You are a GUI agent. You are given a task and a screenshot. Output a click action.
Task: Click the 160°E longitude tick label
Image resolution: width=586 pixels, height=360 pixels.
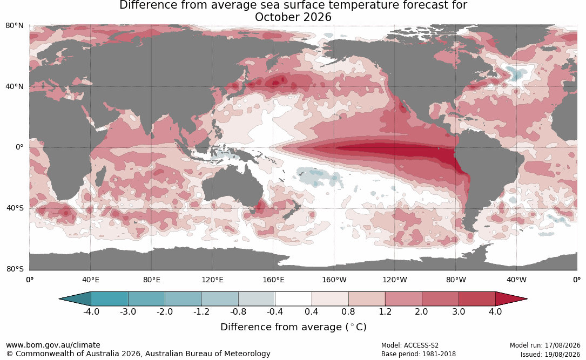coord(274,280)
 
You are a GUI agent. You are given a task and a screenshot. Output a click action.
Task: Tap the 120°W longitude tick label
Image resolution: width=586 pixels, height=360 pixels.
coord(395,280)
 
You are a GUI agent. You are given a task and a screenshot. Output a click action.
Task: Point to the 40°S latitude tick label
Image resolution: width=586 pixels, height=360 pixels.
coord(15,208)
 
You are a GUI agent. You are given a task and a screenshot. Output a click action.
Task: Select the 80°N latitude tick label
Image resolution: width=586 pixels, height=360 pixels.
coord(15,26)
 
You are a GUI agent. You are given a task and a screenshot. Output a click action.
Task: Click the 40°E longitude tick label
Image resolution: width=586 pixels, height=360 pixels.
coord(91,280)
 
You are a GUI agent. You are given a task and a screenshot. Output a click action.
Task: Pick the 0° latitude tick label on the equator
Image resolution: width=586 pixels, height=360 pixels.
coord(19,147)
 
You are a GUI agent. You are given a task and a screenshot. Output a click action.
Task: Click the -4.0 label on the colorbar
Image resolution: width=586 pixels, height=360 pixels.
coord(91,311)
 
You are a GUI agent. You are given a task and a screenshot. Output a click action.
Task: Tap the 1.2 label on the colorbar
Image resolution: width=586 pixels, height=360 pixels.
coord(385,311)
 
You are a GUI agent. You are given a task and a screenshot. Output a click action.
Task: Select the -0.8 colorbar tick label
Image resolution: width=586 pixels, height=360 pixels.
coord(238,311)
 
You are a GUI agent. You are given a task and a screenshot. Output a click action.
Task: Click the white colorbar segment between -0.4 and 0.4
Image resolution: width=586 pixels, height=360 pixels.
coord(293,299)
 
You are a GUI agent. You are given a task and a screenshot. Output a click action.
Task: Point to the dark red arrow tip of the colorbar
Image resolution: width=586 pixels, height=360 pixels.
coord(526,299)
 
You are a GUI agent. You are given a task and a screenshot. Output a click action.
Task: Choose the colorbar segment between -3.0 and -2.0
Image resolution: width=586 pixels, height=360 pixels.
coord(146,299)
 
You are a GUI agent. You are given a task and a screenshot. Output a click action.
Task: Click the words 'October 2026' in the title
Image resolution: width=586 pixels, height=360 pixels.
coord(293,17)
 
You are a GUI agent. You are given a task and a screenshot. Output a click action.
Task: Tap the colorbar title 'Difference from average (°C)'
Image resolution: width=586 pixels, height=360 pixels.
coord(293,327)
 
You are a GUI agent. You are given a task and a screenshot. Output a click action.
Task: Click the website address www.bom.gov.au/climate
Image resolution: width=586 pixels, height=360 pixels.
coord(53,345)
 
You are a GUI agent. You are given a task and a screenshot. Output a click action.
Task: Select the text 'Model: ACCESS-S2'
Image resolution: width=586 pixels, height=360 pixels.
coord(410,345)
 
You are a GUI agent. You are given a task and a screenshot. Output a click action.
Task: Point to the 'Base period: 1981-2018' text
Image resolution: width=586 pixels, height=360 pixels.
coord(419,354)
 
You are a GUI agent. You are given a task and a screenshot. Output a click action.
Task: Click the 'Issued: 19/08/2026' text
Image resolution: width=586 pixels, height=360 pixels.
coord(550,354)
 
